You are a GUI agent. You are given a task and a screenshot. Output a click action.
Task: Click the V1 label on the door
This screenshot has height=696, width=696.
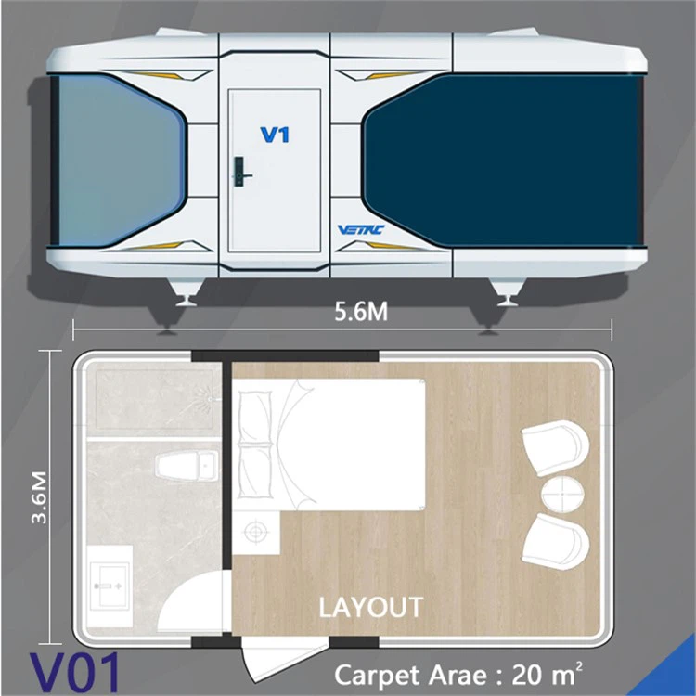click(x=275, y=135)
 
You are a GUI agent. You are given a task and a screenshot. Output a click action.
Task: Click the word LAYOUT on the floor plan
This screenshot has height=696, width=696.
click(x=370, y=608)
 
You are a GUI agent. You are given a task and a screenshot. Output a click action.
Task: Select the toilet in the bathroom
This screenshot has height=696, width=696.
click(x=186, y=466)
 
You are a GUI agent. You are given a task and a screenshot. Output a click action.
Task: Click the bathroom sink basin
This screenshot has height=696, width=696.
click(x=110, y=579)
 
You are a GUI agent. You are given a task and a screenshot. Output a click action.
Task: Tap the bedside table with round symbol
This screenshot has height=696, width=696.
click(x=254, y=532)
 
